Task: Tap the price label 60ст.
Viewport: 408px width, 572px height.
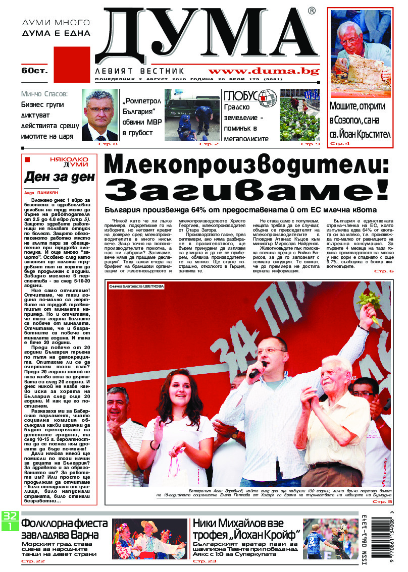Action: coord(34,71)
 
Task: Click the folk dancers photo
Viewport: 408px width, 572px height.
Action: coord(149,539)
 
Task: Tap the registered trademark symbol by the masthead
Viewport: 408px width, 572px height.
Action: coord(312,11)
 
